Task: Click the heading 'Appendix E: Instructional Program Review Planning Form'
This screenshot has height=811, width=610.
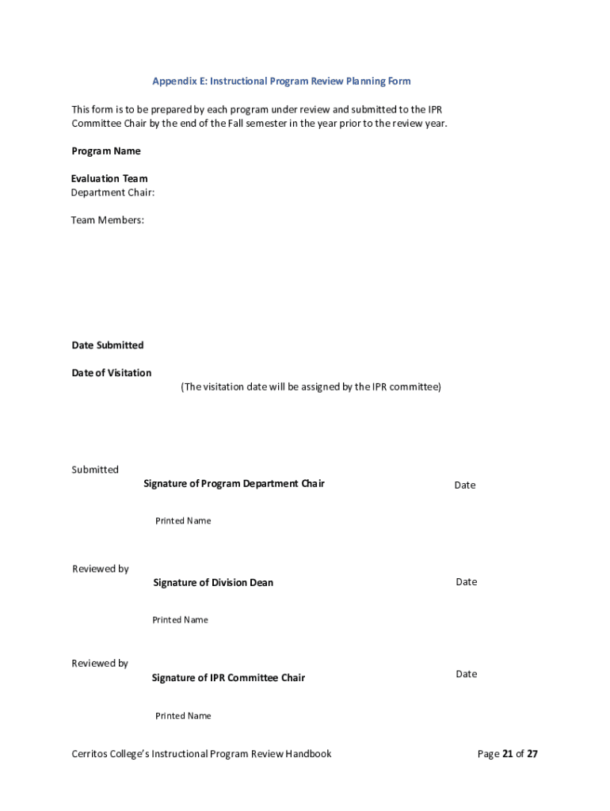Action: tap(281, 82)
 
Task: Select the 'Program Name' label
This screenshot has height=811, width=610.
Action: tap(106, 151)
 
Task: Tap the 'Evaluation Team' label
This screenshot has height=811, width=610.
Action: tap(109, 179)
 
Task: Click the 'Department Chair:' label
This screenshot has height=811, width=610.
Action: tap(112, 192)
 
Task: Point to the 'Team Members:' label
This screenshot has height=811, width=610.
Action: tap(108, 220)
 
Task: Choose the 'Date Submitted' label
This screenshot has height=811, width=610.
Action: tap(108, 345)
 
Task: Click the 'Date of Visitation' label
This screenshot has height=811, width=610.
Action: tap(112, 373)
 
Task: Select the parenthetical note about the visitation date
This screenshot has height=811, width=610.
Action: tap(311, 387)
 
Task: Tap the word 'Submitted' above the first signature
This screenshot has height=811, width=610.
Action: tap(95, 470)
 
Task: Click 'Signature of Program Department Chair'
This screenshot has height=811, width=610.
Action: tap(234, 484)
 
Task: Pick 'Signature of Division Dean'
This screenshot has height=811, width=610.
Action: tap(213, 583)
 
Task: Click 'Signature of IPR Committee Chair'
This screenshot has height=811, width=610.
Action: tap(228, 678)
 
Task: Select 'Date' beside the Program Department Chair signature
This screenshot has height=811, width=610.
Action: tap(465, 485)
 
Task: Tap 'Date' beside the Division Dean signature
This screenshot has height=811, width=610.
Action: tap(467, 582)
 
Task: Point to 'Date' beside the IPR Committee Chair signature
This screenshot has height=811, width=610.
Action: tap(467, 674)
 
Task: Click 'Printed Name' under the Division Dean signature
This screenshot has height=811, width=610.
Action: tap(180, 620)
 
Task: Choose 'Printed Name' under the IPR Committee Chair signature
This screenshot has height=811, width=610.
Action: tap(183, 716)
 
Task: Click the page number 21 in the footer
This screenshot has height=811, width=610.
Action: tap(507, 754)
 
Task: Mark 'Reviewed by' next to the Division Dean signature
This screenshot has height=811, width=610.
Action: tap(101, 569)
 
